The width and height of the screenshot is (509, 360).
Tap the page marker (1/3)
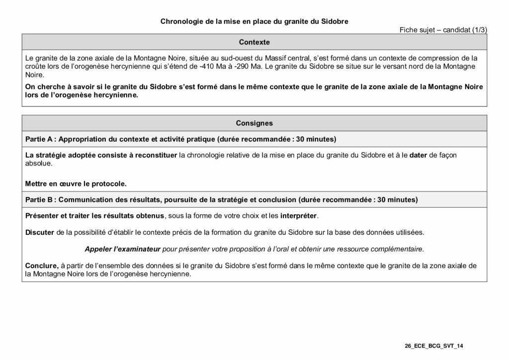coord(479,30)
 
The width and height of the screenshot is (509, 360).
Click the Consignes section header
coord(254,123)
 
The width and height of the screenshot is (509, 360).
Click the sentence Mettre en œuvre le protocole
coord(76,183)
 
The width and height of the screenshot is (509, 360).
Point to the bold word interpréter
coord(298,216)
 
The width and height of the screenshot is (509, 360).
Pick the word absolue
coord(38,163)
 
